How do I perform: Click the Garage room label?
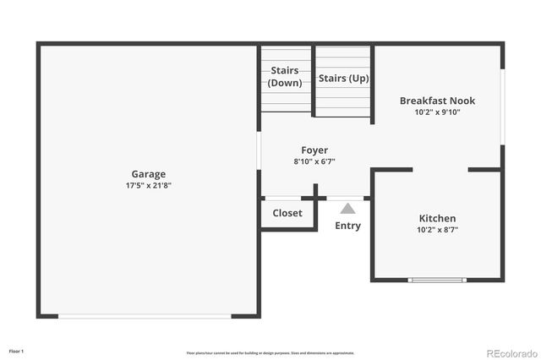tap(148, 175)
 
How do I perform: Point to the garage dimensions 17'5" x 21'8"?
tap(148, 186)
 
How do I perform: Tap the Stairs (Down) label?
tap(286, 77)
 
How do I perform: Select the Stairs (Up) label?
tap(343, 78)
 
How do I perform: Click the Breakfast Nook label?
tap(437, 101)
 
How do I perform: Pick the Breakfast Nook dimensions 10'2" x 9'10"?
tap(437, 112)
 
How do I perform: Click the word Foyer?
tap(314, 150)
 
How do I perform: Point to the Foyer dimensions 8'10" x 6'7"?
tap(314, 161)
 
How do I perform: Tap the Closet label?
tap(287, 213)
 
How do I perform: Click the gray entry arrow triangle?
tap(347, 207)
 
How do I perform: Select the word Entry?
tap(347, 226)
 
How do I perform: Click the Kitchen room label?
tap(437, 218)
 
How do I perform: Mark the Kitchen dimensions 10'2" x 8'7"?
tap(437, 230)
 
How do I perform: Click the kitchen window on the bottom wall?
tap(437, 280)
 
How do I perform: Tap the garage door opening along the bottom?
tap(145, 316)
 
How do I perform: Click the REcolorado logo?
tap(510, 352)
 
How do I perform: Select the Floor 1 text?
tap(16, 350)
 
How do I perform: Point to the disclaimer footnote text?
tap(270, 353)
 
